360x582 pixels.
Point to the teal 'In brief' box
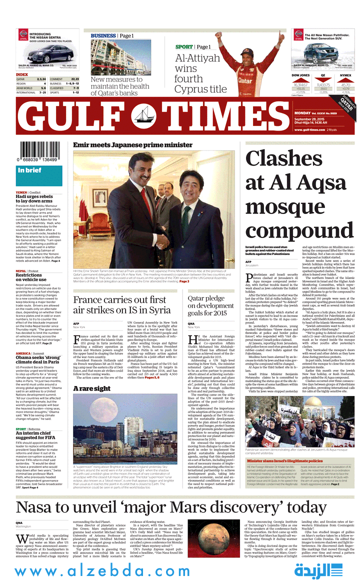(39, 170)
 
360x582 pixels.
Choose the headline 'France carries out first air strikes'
(122, 304)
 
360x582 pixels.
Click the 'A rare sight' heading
(92, 388)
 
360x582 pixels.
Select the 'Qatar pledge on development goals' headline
(210, 305)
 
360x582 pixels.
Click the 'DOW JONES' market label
(300, 75)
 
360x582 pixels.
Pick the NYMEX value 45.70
(345, 85)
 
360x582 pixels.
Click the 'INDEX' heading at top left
(22, 74)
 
